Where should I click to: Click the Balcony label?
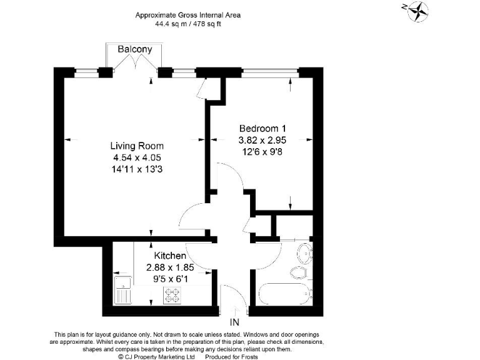point(135,49)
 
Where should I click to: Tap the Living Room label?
point(137,146)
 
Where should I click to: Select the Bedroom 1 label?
point(262,128)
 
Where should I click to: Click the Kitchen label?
point(170,256)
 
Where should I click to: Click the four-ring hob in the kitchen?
point(172,296)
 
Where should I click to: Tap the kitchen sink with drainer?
point(122,291)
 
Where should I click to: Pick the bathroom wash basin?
point(305,254)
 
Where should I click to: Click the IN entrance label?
point(234,322)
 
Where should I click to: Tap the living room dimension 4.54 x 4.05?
point(137,157)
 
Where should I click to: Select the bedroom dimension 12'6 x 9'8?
point(262,151)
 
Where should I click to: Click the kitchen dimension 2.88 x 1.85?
point(170,267)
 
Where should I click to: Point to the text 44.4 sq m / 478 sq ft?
point(188,24)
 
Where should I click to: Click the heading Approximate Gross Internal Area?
point(188,15)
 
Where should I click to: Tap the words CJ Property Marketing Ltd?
point(159,357)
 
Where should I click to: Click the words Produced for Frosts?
point(231,357)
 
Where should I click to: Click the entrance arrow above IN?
point(235,311)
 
